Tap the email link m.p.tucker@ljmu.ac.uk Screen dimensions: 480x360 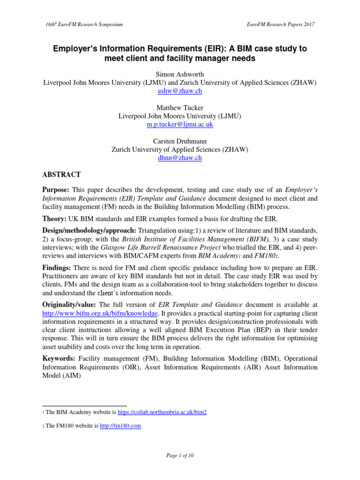click(x=180, y=125)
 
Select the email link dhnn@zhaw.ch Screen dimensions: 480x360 click(x=180, y=158)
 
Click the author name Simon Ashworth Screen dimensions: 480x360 click(x=180, y=74)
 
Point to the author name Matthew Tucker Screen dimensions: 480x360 click(x=180, y=107)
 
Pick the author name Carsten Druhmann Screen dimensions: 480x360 click(x=180, y=141)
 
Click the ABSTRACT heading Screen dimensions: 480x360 click(x=61, y=175)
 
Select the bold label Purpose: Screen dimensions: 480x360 click(x=56, y=189)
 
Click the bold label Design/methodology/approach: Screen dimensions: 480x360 click(x=89, y=230)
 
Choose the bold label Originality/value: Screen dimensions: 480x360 click(x=70, y=305)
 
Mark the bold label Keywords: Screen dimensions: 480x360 click(x=59, y=358)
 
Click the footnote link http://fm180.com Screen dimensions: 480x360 click(x=120, y=426)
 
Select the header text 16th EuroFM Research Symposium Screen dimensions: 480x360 click(x=82, y=24)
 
